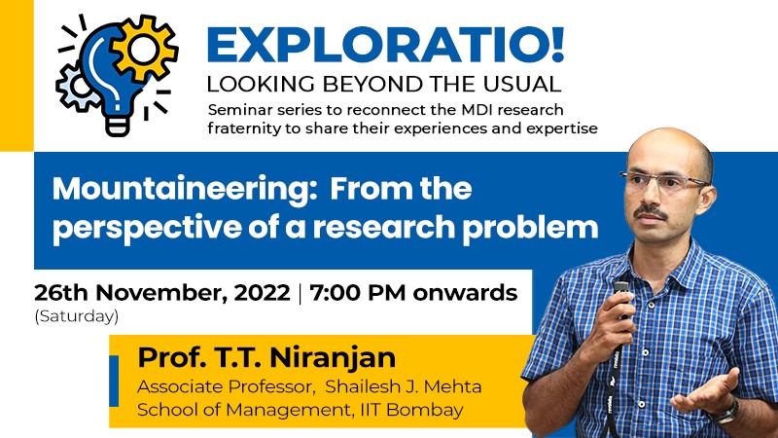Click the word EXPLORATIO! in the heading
[385, 45]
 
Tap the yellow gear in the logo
[143, 48]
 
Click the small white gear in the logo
[76, 87]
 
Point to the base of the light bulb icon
[118, 126]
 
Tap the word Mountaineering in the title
[185, 189]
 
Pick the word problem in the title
[530, 227]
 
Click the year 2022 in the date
[262, 293]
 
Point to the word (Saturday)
[77, 316]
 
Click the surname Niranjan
[332, 357]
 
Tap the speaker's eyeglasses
[665, 181]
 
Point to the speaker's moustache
[650, 211]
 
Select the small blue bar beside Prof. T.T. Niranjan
[114, 381]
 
